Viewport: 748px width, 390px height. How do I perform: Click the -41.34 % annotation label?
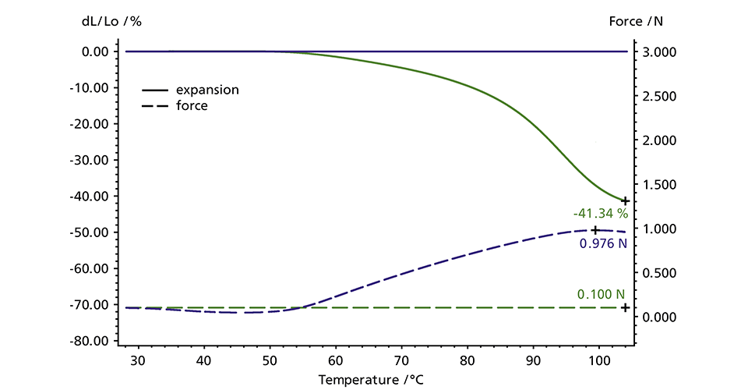tap(600, 213)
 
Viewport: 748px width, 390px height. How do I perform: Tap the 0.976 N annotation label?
tap(602, 243)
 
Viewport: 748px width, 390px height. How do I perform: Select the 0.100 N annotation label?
tap(601, 294)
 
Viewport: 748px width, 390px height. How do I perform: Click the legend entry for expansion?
tap(207, 90)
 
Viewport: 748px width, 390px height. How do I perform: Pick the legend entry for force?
tap(192, 105)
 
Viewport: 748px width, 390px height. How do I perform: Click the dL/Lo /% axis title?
tap(111, 21)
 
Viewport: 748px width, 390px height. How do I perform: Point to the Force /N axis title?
tap(636, 21)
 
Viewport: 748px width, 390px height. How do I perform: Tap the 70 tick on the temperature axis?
tap(401, 360)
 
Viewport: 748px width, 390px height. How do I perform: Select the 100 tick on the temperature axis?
tap(598, 360)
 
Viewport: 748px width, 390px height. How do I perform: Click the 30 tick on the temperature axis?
tap(137, 360)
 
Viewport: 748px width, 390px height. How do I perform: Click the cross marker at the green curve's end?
tap(625, 201)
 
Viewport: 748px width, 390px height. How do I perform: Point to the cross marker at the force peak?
tap(595, 230)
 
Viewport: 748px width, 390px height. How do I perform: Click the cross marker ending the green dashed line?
tap(625, 307)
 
